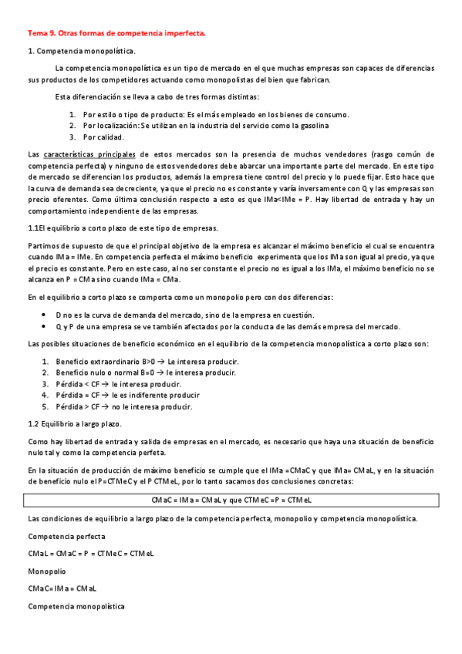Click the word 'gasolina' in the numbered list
pos(312,125)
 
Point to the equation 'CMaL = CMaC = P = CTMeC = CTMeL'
pos(91,554)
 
